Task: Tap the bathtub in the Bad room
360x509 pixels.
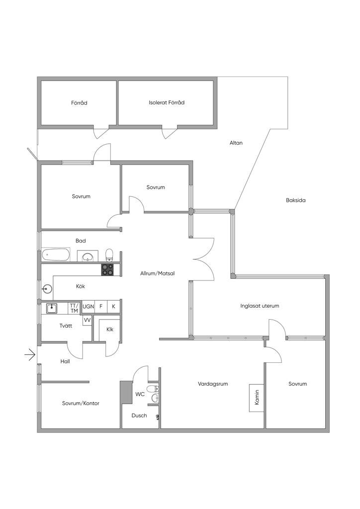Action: click(56, 255)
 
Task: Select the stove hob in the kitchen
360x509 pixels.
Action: click(108, 269)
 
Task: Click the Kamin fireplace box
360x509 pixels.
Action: click(257, 398)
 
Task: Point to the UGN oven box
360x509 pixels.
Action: click(88, 306)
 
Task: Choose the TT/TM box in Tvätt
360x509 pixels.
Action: click(75, 308)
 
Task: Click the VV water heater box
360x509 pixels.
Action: click(87, 320)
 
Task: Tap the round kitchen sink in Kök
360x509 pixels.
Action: click(47, 288)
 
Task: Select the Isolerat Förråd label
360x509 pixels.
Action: click(167, 102)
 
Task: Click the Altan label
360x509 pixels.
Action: click(236, 143)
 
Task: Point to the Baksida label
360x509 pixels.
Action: click(295, 200)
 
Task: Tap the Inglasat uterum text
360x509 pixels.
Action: click(260, 306)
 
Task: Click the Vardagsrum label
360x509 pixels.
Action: click(213, 384)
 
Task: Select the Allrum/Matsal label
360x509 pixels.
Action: click(158, 274)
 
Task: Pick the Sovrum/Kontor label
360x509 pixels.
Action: click(81, 404)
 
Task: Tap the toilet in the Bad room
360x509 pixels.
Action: click(109, 255)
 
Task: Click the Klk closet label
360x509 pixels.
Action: click(110, 330)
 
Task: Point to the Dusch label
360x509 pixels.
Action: click(139, 416)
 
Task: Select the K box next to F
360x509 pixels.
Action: click(113, 306)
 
